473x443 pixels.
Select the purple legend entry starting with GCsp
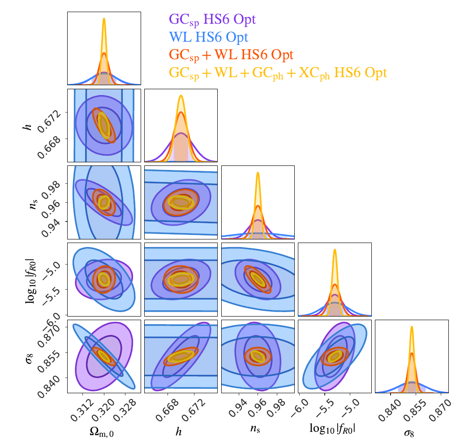pyautogui.click(x=212, y=19)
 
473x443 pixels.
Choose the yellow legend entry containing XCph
pyautogui.click(x=278, y=72)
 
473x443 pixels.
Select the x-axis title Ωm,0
pyautogui.click(x=104, y=431)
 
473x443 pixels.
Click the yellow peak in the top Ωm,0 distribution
pyautogui.click(x=104, y=19)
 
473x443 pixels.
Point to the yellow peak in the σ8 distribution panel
pyautogui.click(x=411, y=327)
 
